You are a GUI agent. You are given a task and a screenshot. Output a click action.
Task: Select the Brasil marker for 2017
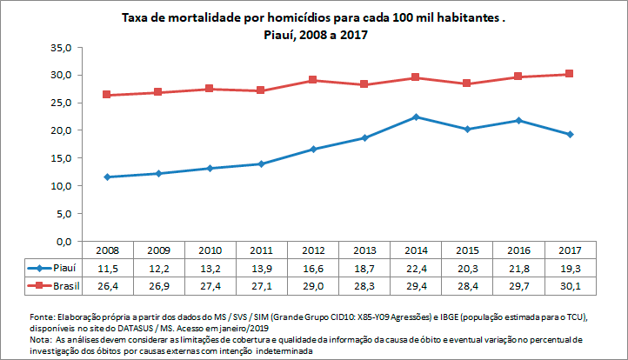(x=570, y=74)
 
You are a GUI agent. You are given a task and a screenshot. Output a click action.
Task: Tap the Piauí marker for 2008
(x=107, y=177)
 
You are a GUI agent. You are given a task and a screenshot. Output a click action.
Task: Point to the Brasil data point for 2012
(x=313, y=80)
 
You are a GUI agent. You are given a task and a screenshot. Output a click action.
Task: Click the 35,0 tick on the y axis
(x=58, y=48)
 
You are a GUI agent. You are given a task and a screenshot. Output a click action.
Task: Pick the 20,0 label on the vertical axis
(x=58, y=130)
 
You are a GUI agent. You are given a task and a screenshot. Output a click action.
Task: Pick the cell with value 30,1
(x=570, y=284)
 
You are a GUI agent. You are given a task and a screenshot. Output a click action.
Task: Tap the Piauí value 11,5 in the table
(x=107, y=268)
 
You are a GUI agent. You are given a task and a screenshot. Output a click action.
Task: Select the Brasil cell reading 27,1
(x=261, y=284)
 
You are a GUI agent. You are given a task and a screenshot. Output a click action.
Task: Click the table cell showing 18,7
(x=364, y=268)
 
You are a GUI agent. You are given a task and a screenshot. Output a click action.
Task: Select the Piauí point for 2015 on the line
(x=467, y=129)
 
